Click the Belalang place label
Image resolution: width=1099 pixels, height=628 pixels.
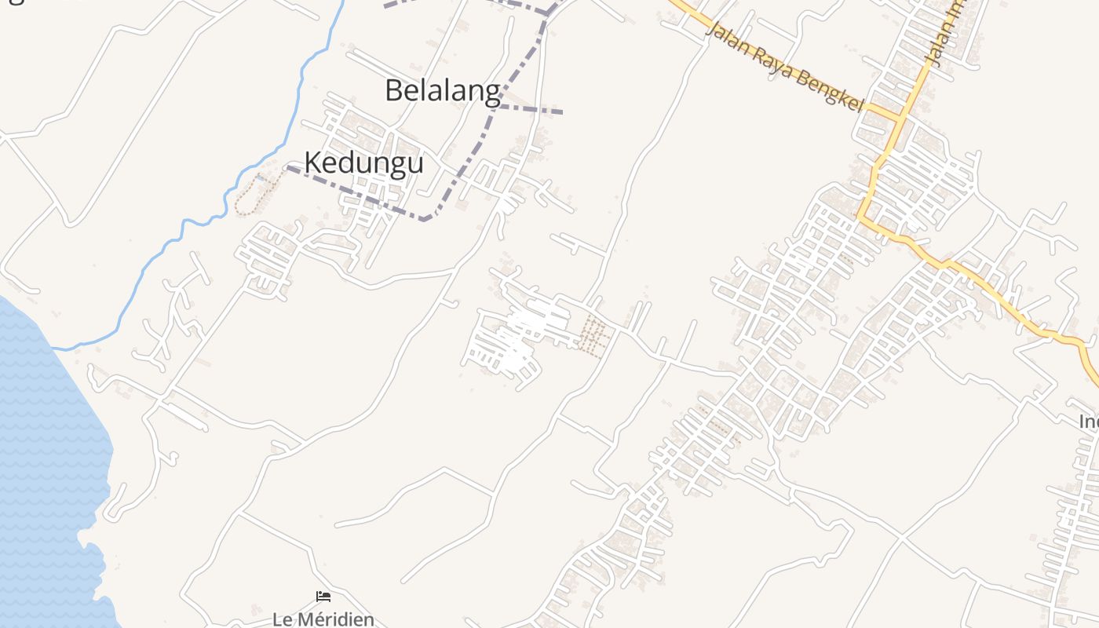pos(442,91)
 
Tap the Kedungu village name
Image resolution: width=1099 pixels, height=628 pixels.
pos(363,162)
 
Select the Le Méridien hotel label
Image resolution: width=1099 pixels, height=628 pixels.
pos(323,619)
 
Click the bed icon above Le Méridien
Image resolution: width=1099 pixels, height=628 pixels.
pos(323,597)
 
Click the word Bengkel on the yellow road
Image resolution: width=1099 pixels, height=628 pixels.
pos(830,89)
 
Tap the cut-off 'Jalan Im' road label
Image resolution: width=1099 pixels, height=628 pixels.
pos(945,31)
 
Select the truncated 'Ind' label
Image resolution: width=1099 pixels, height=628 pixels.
pos(1089,422)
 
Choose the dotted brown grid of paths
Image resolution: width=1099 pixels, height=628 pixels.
pos(594,337)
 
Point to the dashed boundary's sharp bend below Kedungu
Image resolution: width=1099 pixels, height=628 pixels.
pos(425,219)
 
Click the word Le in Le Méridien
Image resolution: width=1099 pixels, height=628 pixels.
pos(281,619)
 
